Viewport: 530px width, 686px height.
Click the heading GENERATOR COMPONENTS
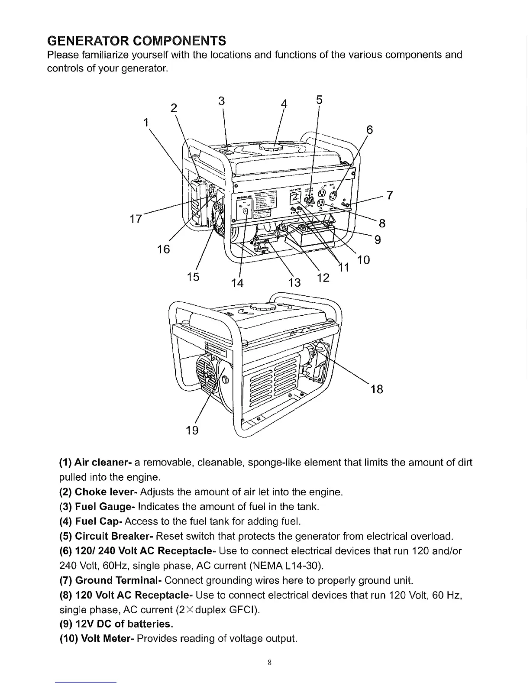tap(136, 41)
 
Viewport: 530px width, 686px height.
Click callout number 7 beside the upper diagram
tap(389, 196)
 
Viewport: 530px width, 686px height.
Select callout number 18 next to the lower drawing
tap(377, 389)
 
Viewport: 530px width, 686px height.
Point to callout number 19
tap(192, 430)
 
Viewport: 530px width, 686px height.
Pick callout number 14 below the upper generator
tap(237, 283)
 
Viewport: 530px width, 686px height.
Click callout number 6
tap(369, 130)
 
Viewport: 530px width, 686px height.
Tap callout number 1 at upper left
tap(146, 122)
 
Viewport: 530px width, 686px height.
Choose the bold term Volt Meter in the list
tap(108, 639)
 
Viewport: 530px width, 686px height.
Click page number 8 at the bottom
tap(269, 662)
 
